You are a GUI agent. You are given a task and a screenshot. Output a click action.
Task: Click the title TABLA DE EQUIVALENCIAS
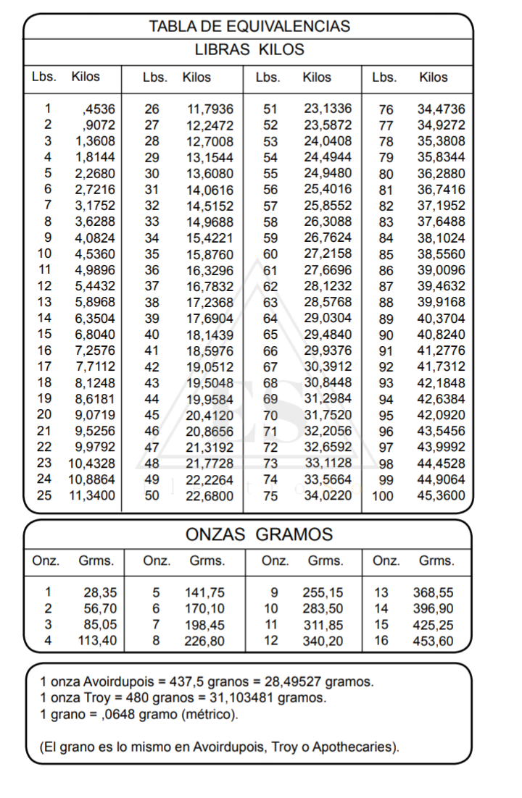click(249, 27)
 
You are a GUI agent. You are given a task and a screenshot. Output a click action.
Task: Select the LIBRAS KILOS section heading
click(249, 50)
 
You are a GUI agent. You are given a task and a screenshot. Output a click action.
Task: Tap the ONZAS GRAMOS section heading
click(249, 535)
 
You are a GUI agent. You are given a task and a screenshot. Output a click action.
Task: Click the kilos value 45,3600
click(442, 496)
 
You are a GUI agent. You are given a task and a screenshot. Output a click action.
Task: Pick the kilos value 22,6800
click(210, 496)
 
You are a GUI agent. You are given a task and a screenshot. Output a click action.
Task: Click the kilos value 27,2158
click(327, 254)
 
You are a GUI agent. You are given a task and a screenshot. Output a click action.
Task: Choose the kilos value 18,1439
click(210, 335)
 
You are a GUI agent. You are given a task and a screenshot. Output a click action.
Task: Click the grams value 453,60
click(433, 640)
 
